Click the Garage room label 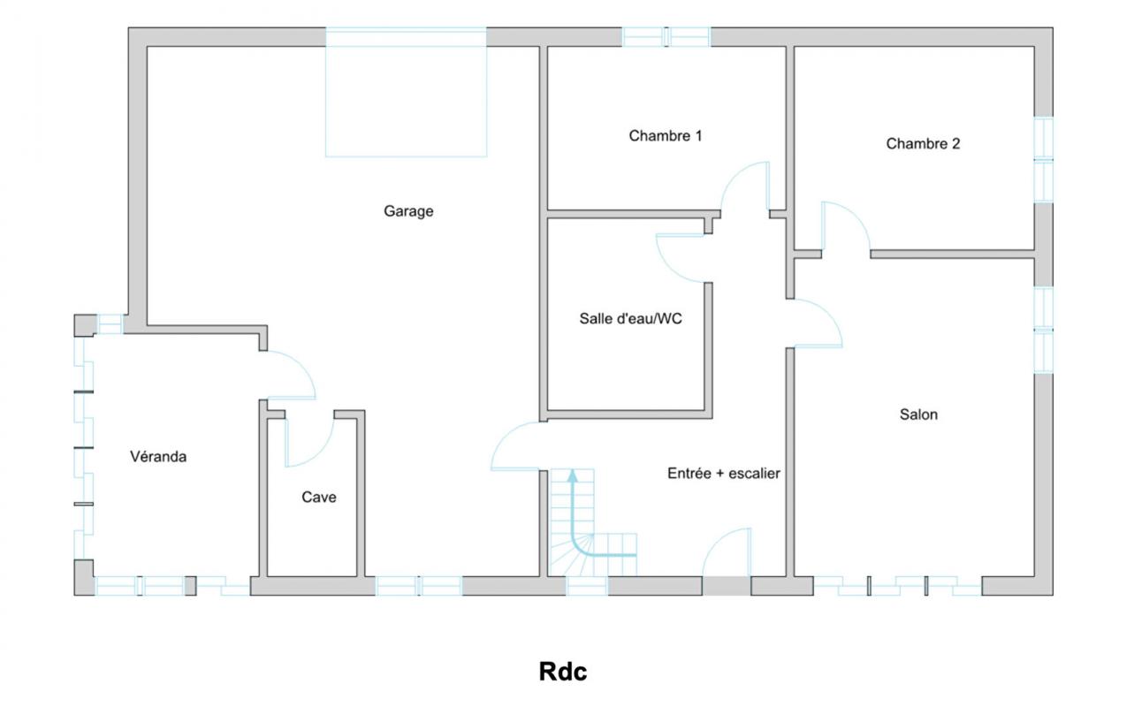tap(408, 211)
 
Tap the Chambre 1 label tap(666, 135)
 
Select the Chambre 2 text tap(923, 144)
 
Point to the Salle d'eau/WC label tap(630, 318)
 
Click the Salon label tap(918, 414)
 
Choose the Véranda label tap(158, 457)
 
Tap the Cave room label tap(319, 497)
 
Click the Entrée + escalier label tap(723, 473)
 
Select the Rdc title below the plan tap(563, 672)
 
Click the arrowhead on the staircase tap(573, 475)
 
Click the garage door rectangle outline tap(406, 92)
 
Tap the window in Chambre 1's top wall tap(666, 37)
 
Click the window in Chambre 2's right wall tap(1043, 159)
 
